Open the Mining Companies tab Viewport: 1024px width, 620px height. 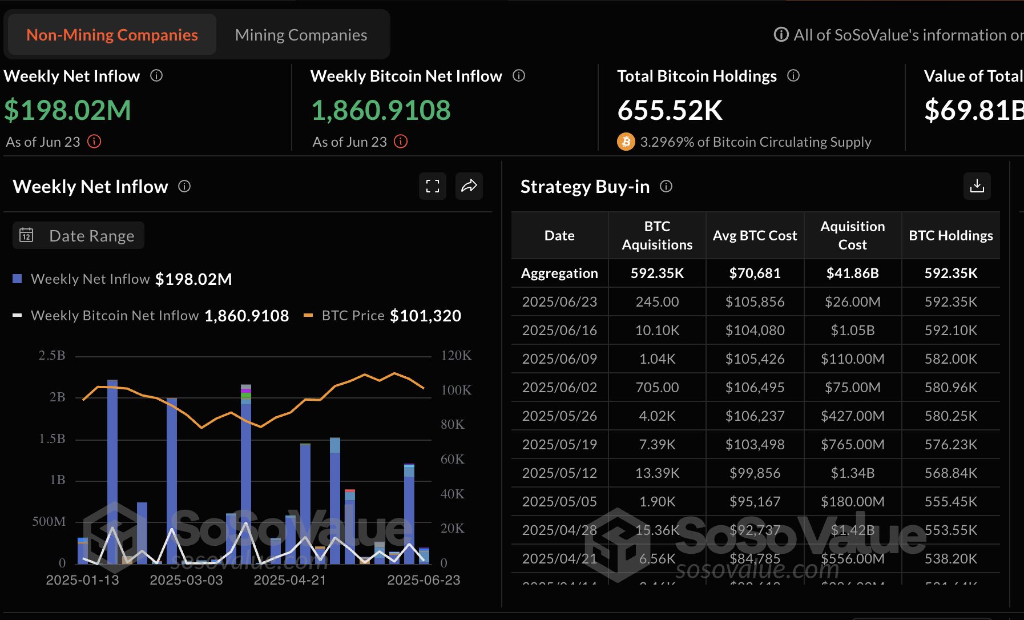tap(301, 35)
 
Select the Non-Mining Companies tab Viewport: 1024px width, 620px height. tap(112, 35)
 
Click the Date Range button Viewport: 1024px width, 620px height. tap(79, 236)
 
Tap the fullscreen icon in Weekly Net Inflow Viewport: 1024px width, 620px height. tap(433, 186)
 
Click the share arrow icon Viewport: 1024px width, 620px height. tap(469, 186)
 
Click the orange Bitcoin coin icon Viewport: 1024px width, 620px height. tap(626, 142)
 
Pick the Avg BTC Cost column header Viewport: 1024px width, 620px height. tap(755, 236)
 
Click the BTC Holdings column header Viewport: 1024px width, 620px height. tap(951, 236)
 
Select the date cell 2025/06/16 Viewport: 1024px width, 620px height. tap(559, 331)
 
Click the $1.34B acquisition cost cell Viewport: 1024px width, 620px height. tap(853, 473)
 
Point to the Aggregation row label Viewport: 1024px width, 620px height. tap(559, 273)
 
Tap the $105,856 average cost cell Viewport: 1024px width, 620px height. tap(755, 302)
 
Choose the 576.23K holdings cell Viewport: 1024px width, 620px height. tap(951, 445)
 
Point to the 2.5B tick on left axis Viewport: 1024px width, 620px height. tap(52, 356)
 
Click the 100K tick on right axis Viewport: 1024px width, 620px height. tap(456, 390)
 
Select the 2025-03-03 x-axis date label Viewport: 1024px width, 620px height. tap(186, 581)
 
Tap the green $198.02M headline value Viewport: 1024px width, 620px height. tap(68, 110)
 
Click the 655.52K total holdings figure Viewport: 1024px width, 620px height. tap(670, 110)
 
